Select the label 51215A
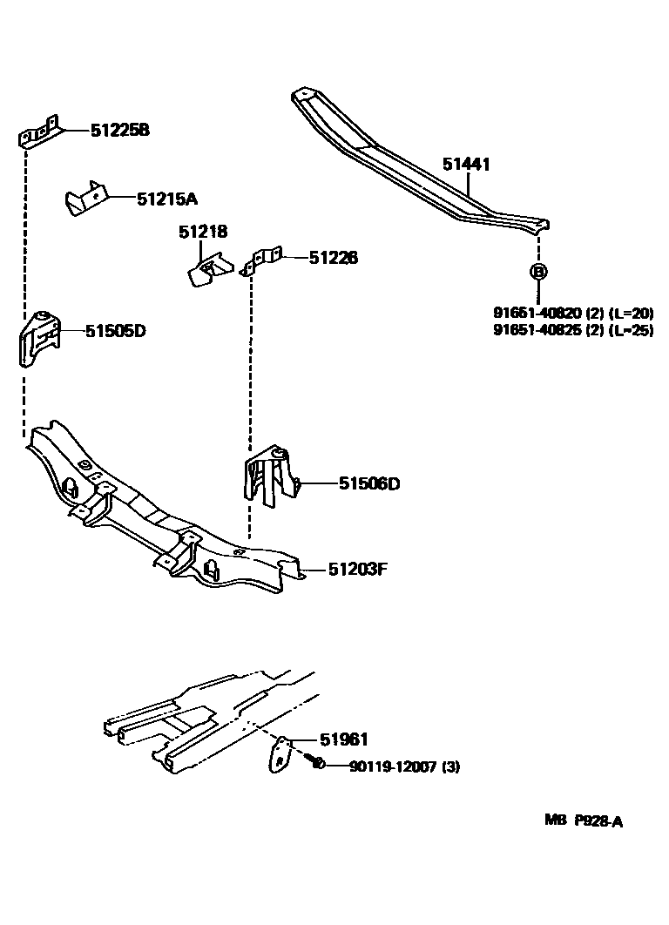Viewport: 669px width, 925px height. pyautogui.click(x=167, y=199)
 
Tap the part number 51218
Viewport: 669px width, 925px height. pyautogui.click(x=203, y=233)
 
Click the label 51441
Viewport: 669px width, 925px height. pyautogui.click(x=466, y=163)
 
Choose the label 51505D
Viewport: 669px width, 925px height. pyautogui.click(x=115, y=331)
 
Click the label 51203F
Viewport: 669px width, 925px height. pyautogui.click(x=357, y=570)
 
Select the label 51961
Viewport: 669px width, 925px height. pyautogui.click(x=343, y=740)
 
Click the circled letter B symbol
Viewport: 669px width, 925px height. pyautogui.click(x=538, y=272)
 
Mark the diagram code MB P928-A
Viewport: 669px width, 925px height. pyautogui.click(x=584, y=820)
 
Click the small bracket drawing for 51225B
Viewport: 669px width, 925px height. pyautogui.click(x=39, y=132)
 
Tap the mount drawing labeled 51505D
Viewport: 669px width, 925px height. pyautogui.click(x=40, y=341)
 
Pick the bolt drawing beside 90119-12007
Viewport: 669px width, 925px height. pyautogui.click(x=318, y=764)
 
